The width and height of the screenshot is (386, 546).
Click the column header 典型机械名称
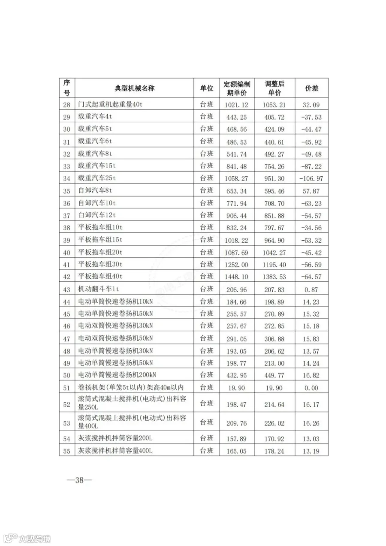coord(134,88)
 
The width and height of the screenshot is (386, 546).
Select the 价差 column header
coord(311,88)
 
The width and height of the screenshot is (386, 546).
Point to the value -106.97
coord(311,178)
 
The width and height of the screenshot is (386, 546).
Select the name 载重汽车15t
coord(97,166)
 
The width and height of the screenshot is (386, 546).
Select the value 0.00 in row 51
coord(311,388)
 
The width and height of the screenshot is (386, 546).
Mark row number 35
coord(66,190)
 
